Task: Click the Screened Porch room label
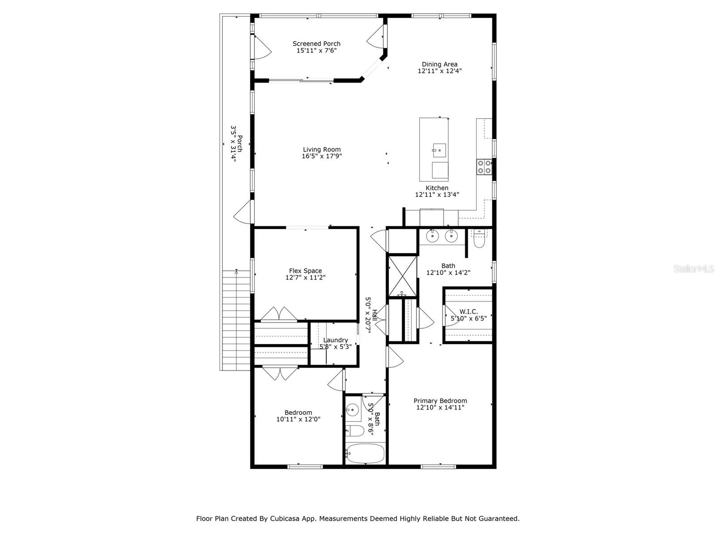point(316,43)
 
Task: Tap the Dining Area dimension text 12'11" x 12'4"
point(439,71)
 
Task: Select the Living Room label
point(321,149)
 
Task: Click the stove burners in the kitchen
point(484,166)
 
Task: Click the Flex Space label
point(305,271)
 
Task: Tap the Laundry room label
point(335,340)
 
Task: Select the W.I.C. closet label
point(468,311)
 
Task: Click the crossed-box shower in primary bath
point(402,276)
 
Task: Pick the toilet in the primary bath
point(479,241)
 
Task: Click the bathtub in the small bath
point(366,454)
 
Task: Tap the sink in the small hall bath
point(353,409)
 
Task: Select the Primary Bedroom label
point(440,401)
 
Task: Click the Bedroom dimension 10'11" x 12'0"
point(298,419)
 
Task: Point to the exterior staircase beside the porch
point(235,320)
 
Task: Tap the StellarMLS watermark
point(694,268)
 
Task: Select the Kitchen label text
point(437,188)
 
